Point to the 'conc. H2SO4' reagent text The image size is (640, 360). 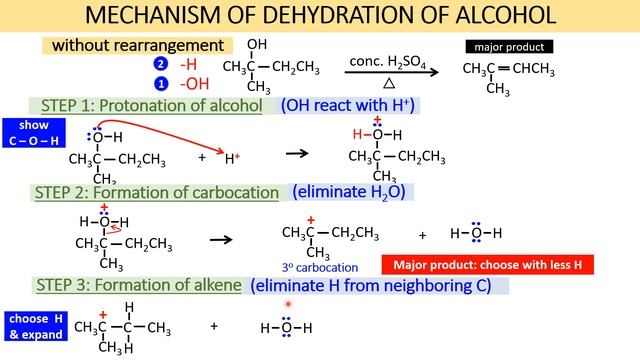(x=389, y=62)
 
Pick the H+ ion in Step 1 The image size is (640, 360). (x=232, y=157)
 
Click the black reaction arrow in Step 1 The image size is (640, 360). (x=297, y=153)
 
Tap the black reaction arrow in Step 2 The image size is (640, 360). (x=221, y=240)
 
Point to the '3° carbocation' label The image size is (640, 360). (x=320, y=267)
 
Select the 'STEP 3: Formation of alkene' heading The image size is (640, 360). (x=139, y=285)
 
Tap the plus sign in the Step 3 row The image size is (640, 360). (x=214, y=326)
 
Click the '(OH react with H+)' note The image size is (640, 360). (x=348, y=105)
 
